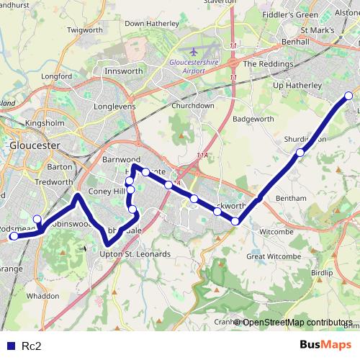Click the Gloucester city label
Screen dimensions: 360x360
[x=35, y=145]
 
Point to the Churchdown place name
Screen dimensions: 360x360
[x=193, y=105]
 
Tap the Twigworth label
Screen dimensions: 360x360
[x=84, y=30]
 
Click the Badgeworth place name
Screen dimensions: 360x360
[x=254, y=120]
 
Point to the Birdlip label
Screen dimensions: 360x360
[x=323, y=274]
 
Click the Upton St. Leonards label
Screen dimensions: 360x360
[x=135, y=254]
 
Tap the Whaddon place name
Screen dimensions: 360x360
[x=42, y=296]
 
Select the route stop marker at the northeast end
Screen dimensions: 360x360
[x=349, y=96]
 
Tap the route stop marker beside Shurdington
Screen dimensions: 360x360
[x=300, y=152]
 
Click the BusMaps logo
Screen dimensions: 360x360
[x=325, y=346]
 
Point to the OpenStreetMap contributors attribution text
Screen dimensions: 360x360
[x=297, y=322]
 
